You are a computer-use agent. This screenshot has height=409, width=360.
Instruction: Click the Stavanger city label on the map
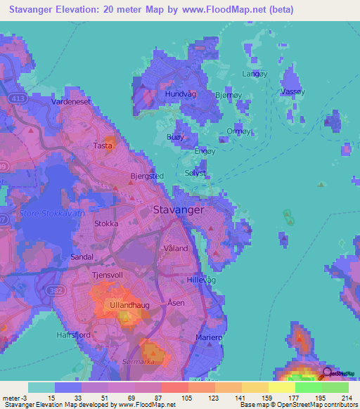[x=179, y=209]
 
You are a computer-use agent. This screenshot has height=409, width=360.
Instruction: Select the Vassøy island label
[x=292, y=92]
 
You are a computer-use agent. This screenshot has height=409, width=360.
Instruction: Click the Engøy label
[x=204, y=150]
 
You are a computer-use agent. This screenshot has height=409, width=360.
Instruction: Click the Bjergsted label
[x=147, y=177]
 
